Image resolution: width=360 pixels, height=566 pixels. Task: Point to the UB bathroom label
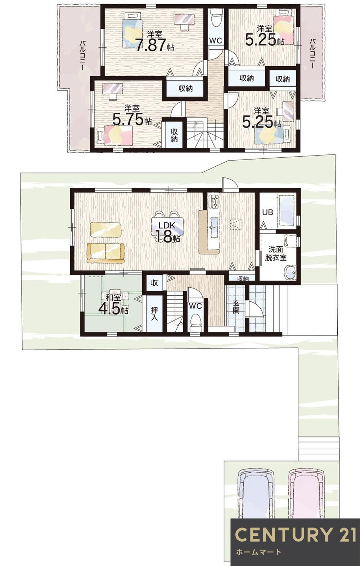click(x=267, y=212)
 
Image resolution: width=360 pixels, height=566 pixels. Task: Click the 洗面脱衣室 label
click(x=276, y=254)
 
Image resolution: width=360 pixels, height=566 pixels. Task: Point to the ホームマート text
click(x=258, y=552)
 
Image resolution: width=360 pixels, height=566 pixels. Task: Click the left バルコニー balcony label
click(x=82, y=56)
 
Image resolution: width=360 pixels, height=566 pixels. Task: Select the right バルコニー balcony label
click(x=312, y=54)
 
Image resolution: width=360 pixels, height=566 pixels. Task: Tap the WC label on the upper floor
click(x=216, y=41)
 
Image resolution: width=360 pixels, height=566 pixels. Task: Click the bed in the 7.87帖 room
click(x=132, y=33)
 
